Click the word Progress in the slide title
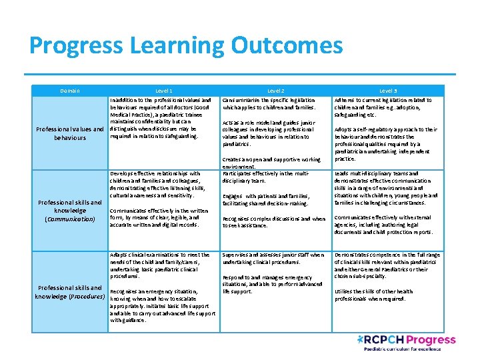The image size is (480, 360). (x=75, y=45)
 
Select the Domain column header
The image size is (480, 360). (x=69, y=91)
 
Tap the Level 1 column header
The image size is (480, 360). (x=164, y=91)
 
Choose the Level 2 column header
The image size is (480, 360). (x=276, y=91)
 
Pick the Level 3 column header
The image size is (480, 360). (x=388, y=91)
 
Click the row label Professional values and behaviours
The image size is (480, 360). (x=70, y=133)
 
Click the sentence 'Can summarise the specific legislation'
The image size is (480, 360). (x=269, y=103)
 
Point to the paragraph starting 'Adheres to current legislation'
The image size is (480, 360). (x=384, y=107)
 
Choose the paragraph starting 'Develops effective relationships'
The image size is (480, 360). (x=160, y=185)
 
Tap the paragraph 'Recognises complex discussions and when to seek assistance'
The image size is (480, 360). (x=274, y=222)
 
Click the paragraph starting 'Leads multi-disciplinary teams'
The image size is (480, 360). (x=386, y=188)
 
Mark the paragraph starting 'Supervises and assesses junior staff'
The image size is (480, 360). (x=273, y=259)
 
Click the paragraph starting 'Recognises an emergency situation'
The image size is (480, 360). (x=163, y=306)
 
